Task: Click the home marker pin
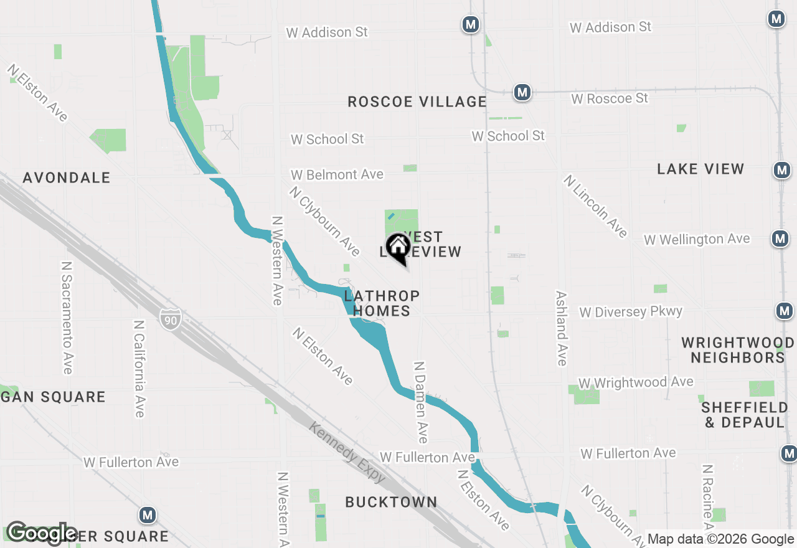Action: coord(398,247)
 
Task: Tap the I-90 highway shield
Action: coord(170,318)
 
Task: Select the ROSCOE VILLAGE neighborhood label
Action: coord(417,102)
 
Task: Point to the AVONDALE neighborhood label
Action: coord(67,178)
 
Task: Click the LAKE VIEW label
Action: coord(700,169)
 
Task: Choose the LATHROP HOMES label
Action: coord(382,303)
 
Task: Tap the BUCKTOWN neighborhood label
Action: coord(391,502)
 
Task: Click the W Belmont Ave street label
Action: coord(337,175)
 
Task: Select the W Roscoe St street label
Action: coord(610,98)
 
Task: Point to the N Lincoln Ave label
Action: coord(595,206)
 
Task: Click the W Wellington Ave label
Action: coord(697,239)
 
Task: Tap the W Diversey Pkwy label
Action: coord(631,311)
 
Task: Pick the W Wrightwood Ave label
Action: coord(636,382)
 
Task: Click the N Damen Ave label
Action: coord(421,402)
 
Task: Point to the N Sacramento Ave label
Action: coord(67,317)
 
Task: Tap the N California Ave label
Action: coord(139,369)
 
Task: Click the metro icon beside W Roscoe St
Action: coord(522,93)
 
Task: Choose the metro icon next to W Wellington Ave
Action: coord(780,238)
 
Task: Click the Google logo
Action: coord(42,533)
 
